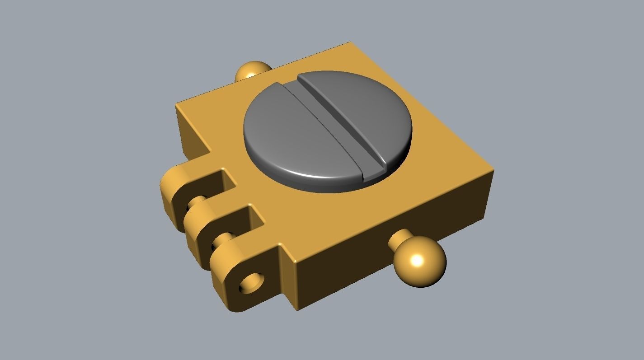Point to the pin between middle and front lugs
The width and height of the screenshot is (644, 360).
click(224, 237)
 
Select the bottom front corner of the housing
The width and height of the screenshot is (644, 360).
click(298, 309)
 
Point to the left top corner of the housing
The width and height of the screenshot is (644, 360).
click(177, 105)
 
